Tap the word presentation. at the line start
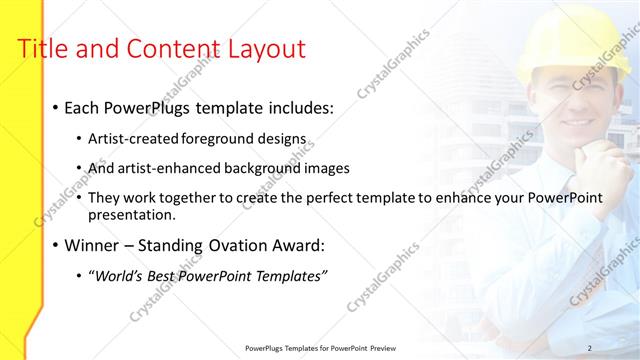point(132,214)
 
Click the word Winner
point(94,245)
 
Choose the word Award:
point(298,245)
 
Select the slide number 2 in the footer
point(590,347)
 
